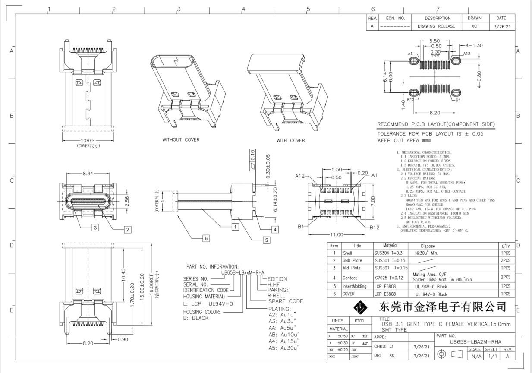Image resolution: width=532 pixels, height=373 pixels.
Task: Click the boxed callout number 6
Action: click(206, 238)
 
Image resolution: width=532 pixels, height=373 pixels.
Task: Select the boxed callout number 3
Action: click(95, 227)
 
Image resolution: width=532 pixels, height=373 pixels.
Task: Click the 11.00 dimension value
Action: click(337, 234)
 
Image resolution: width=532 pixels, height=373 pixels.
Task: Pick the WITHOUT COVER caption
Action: click(181, 140)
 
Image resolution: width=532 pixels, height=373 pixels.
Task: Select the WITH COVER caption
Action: click(290, 140)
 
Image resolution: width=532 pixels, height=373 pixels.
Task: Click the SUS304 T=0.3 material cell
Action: click(388, 253)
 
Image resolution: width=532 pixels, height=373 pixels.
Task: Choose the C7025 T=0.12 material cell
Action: click(389, 277)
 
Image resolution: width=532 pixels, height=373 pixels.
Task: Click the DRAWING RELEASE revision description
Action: click(436, 26)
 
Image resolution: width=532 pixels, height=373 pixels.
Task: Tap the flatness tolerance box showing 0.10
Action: click(253, 154)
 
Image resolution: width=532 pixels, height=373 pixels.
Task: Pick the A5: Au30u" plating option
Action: click(284, 348)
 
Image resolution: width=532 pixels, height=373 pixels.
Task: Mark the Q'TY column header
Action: click(506, 246)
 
